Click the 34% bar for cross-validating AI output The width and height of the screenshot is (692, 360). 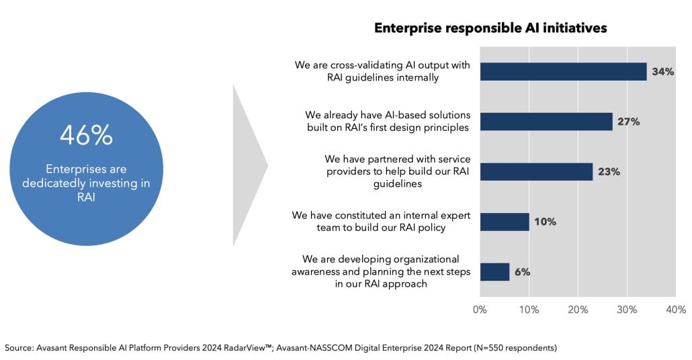[563, 71]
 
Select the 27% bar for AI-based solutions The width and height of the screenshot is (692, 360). [546, 122]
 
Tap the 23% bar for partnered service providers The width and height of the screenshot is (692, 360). [536, 171]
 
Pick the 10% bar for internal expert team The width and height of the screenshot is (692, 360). [505, 222]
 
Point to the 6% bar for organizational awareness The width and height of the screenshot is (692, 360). [494, 272]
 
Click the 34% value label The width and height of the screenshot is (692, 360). [662, 71]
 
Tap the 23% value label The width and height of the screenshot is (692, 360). [608, 171]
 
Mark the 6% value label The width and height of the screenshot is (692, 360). [523, 272]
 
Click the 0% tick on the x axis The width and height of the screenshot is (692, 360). [480, 310]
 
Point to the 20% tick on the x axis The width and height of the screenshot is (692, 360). [578, 310]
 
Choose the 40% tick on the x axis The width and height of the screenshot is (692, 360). [675, 310]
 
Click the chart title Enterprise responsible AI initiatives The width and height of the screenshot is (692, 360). [490, 28]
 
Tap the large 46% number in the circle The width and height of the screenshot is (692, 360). [86, 136]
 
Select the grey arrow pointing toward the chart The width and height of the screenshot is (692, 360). [249, 165]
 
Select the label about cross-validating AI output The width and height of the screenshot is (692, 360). [383, 71]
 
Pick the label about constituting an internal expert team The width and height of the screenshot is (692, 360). [381, 222]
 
